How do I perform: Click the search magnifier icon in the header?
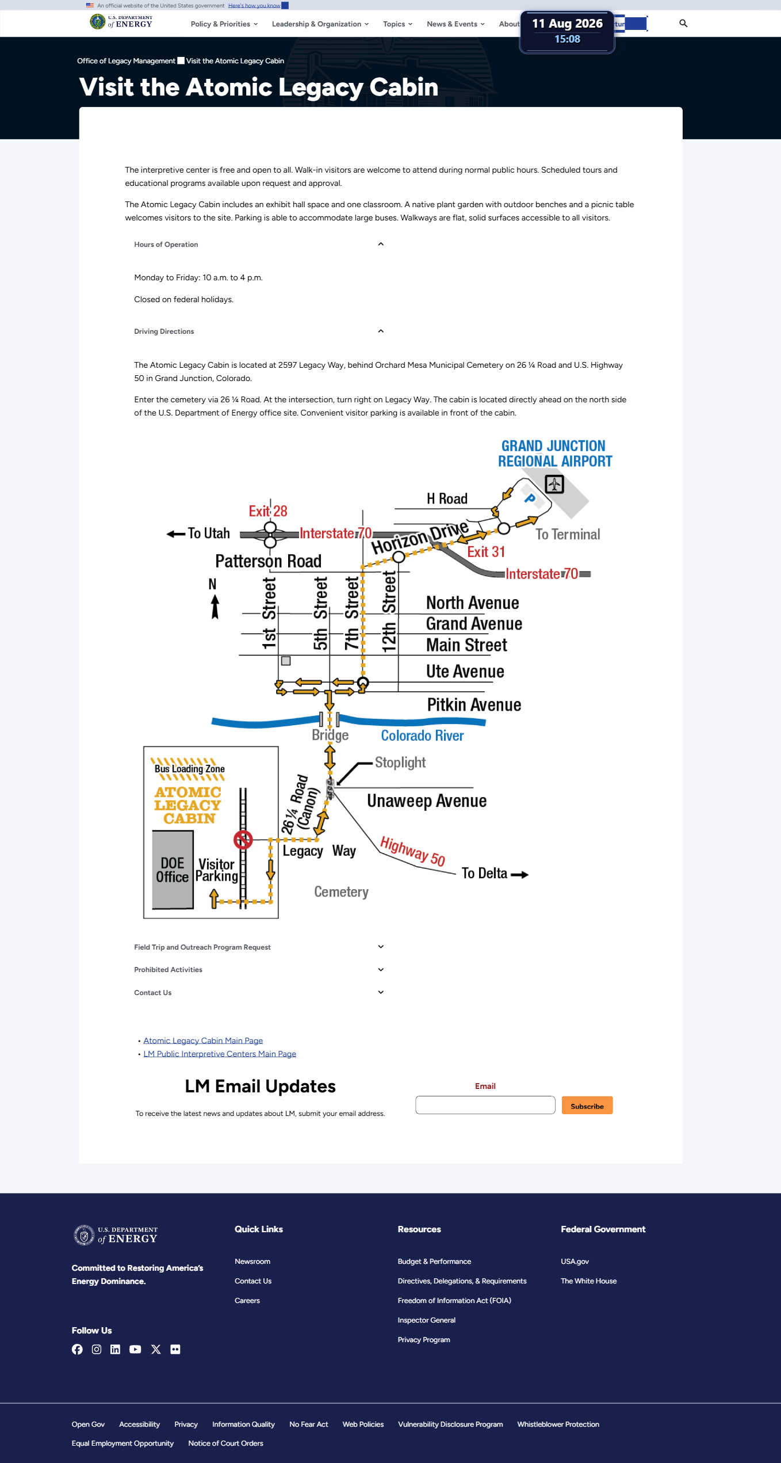pyautogui.click(x=683, y=24)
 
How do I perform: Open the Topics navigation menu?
pyautogui.click(x=397, y=24)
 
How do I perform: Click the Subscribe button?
pyautogui.click(x=587, y=1106)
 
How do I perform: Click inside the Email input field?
pyautogui.click(x=485, y=1105)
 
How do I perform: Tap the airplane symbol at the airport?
pyautogui.click(x=554, y=484)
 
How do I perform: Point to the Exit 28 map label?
pyautogui.click(x=268, y=511)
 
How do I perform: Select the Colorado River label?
pyautogui.click(x=422, y=736)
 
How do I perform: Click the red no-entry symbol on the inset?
pyautogui.click(x=243, y=840)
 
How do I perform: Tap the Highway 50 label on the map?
pyautogui.click(x=413, y=851)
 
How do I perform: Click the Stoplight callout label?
pyautogui.click(x=400, y=763)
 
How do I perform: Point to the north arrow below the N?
pyautogui.click(x=215, y=607)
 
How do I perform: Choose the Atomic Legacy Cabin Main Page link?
pyautogui.click(x=203, y=1041)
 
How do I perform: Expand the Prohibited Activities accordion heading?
pyautogui.click(x=168, y=970)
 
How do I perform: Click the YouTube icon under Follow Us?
pyautogui.click(x=135, y=1350)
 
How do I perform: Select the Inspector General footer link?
pyautogui.click(x=426, y=1320)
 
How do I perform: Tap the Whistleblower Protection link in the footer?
pyautogui.click(x=558, y=1424)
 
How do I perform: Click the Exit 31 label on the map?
pyautogui.click(x=486, y=552)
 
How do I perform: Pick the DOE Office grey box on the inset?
pyautogui.click(x=173, y=870)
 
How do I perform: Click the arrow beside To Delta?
pyautogui.click(x=520, y=875)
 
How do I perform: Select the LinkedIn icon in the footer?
pyautogui.click(x=116, y=1350)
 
